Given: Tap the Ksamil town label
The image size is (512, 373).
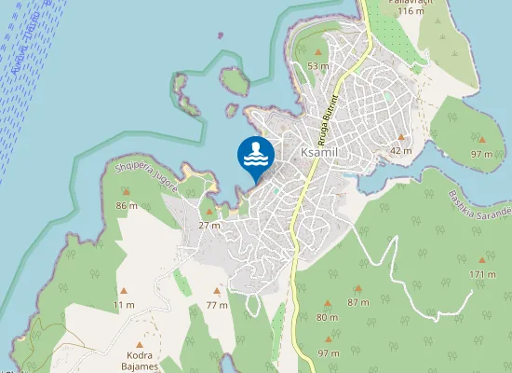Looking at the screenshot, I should [318, 151].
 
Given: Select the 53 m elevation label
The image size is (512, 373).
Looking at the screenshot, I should [318, 66].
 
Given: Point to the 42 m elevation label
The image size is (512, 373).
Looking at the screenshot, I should [400, 150].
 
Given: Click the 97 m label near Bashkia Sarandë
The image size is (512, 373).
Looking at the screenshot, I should [481, 154].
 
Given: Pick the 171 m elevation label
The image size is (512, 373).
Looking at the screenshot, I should [482, 274].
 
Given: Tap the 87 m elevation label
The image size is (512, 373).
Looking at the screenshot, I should [357, 302].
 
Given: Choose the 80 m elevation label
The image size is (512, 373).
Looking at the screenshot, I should [327, 318].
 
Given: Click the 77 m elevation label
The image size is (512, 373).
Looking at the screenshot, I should [217, 305].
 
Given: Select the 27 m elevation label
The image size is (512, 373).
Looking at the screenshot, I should [209, 225].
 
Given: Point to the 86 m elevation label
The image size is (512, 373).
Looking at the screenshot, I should [126, 205].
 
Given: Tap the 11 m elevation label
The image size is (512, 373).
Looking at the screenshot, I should [123, 305].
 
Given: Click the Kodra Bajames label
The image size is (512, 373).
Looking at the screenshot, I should [141, 361].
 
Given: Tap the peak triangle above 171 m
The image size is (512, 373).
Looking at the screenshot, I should [481, 260].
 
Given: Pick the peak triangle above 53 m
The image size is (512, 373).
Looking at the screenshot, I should [318, 52].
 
